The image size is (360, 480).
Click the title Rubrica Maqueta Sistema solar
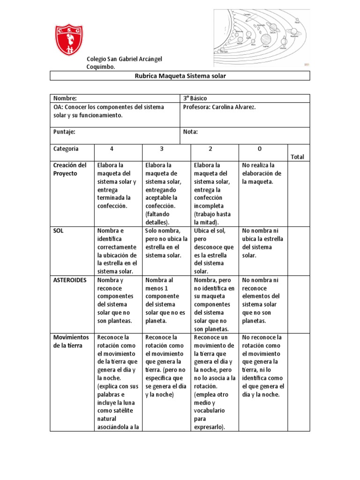click(180, 76)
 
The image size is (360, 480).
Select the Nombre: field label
click(65, 98)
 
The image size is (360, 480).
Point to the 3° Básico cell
click(195, 98)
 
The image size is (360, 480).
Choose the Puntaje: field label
click(64, 132)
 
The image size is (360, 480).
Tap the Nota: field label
click(190, 132)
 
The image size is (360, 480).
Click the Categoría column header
click(66, 149)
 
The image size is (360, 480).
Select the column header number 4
click(112, 149)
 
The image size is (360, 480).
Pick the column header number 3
click(161, 149)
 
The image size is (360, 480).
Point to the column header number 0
click(260, 149)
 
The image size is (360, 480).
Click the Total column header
click(297, 157)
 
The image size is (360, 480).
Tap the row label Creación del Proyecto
click(70, 169)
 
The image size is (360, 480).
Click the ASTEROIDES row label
click(69, 280)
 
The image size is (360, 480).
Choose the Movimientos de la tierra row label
click(70, 341)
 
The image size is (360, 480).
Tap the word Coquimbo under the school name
click(100, 67)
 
